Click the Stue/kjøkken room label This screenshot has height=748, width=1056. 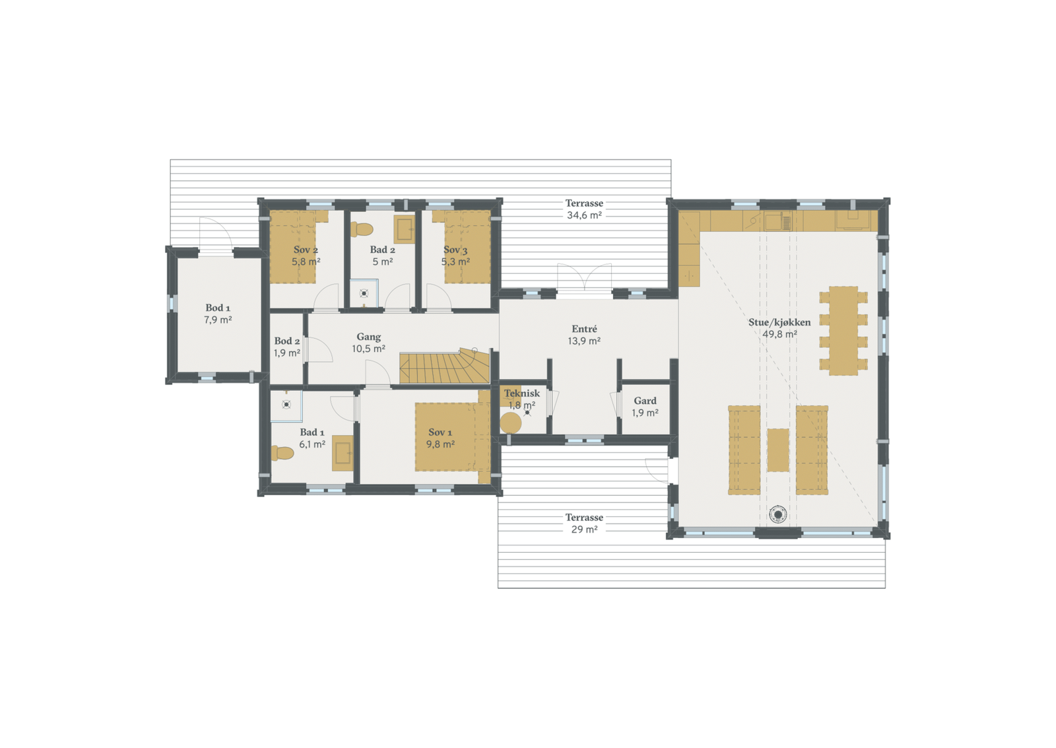tap(779, 322)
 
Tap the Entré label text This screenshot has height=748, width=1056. tap(584, 329)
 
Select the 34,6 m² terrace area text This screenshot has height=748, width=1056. tap(584, 215)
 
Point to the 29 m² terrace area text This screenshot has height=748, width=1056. tap(584, 529)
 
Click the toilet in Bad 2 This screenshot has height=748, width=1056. tap(362, 229)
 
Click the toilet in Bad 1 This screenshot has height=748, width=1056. tap(282, 453)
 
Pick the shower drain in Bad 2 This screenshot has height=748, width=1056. tap(364, 293)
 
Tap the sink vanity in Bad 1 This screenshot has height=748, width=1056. tap(343, 453)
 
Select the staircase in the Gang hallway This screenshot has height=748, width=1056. tap(444, 367)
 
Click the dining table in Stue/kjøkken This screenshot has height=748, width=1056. tap(843, 330)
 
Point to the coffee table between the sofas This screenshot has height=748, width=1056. tap(778, 450)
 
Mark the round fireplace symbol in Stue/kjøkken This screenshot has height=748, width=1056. tap(778, 514)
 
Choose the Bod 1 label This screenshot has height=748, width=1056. tap(218, 308)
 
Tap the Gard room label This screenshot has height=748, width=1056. tap(645, 401)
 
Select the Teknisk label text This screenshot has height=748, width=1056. tap(521, 393)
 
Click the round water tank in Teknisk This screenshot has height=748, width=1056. tap(510, 423)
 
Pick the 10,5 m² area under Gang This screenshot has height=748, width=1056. tap(368, 349)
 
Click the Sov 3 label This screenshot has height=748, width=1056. tap(455, 250)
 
